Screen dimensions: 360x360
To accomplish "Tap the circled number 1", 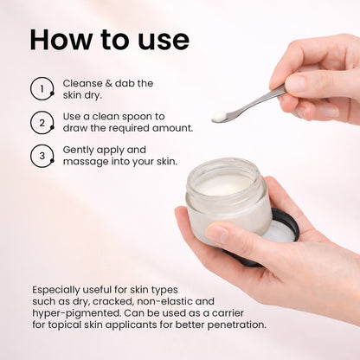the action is pos(42,88).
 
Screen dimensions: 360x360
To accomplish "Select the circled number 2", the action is pos(42,123).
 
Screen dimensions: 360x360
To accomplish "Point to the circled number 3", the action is pos(42,156).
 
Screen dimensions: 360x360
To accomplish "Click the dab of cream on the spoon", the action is pos(220,116).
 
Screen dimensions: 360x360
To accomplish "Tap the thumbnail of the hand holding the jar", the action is pos(219,233).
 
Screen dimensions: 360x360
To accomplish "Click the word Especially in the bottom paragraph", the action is pos(55,290).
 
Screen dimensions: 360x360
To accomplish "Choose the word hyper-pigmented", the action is pos(76,313).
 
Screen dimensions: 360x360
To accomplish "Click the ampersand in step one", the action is pos(108,83).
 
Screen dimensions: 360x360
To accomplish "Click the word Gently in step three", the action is pos(78,151).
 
